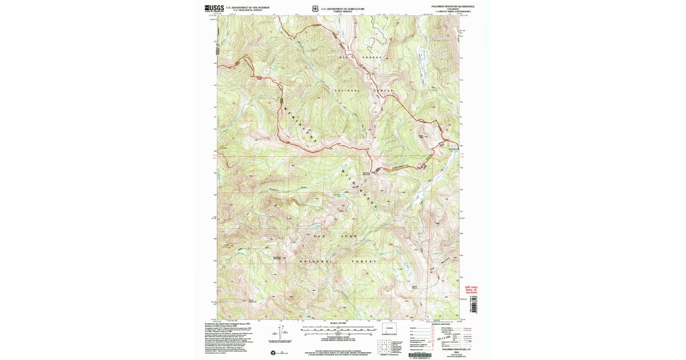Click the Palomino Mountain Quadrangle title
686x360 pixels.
click(x=448, y=6)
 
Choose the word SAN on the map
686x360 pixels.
click(x=319, y=235)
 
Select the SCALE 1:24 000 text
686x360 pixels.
click(x=339, y=324)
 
